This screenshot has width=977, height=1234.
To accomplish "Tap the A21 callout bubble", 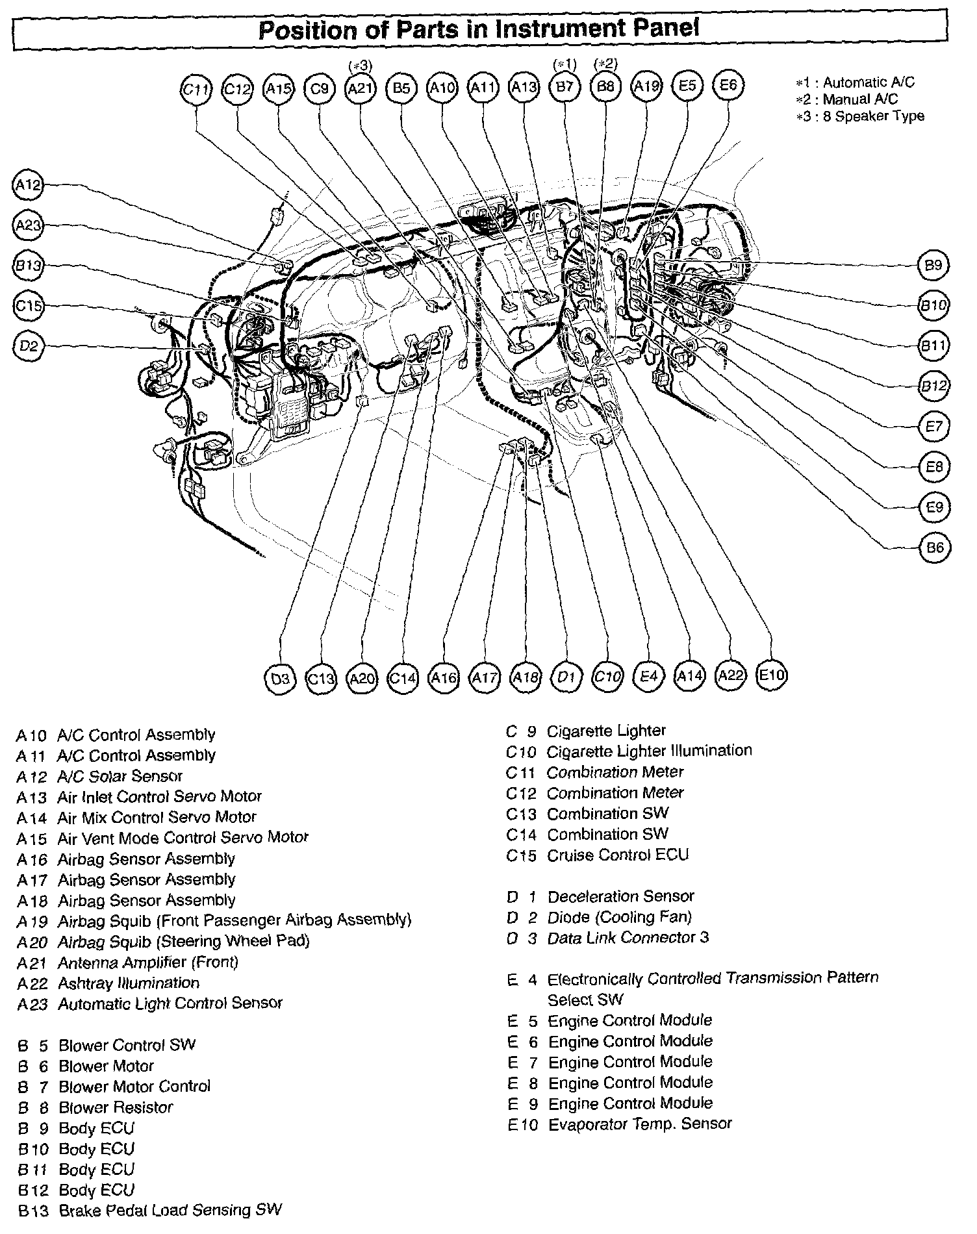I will pyautogui.click(x=360, y=88).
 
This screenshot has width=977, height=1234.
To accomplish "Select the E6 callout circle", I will pyautogui.click(x=728, y=85).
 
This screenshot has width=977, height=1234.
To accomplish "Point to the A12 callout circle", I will pyautogui.click(x=27, y=185).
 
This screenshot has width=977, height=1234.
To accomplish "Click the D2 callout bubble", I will pyautogui.click(x=27, y=346).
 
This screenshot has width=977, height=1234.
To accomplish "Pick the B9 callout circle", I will pyautogui.click(x=933, y=265).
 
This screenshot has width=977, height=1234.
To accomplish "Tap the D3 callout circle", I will pyautogui.click(x=280, y=679).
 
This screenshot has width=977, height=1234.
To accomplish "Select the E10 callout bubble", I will pyautogui.click(x=772, y=675).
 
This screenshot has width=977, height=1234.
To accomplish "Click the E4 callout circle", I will pyautogui.click(x=648, y=677).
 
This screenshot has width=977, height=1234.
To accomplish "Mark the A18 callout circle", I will pyautogui.click(x=526, y=678).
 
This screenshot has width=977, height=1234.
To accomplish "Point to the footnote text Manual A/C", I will pyautogui.click(x=860, y=99).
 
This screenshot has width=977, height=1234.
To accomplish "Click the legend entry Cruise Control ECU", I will pyautogui.click(x=617, y=855).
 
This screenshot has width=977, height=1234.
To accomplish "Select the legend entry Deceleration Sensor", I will pyautogui.click(x=620, y=896).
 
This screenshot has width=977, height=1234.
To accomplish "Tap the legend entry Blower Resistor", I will pyautogui.click(x=116, y=1107).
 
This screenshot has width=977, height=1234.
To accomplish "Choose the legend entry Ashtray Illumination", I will pyautogui.click(x=128, y=983).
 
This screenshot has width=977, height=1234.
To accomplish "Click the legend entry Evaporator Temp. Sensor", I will pyautogui.click(x=640, y=1124).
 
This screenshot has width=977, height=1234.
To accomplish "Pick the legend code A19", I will pyautogui.click(x=32, y=921).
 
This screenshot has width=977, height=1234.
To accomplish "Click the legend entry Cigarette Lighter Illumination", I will pyautogui.click(x=649, y=751).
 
